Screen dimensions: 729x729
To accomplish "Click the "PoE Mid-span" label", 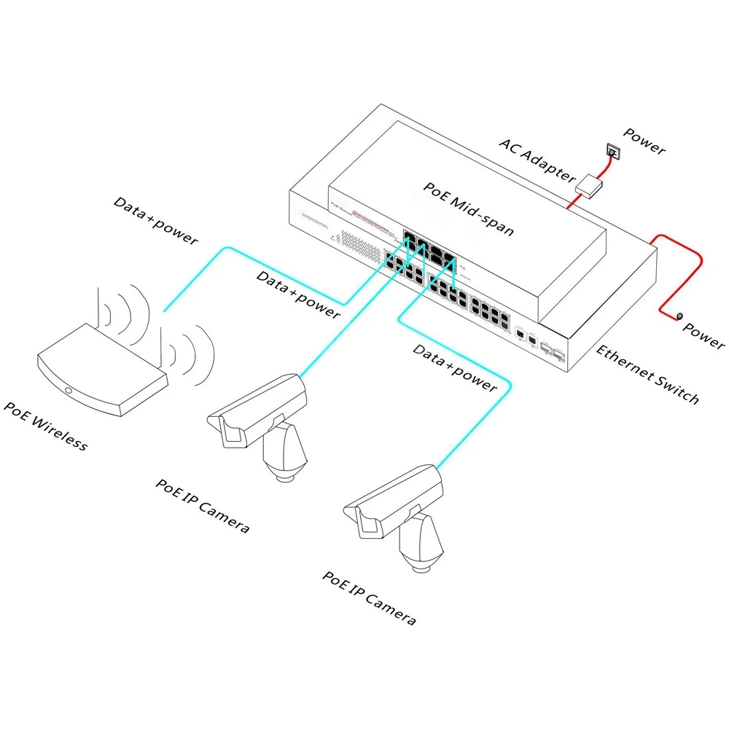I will click(469, 209).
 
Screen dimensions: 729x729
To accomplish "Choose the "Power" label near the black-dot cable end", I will click(703, 335).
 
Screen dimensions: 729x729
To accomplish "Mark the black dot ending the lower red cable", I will click(679, 316).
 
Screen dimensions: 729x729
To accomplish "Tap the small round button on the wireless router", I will click(69, 391).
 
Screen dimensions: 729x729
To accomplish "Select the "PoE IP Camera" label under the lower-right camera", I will click(370, 599).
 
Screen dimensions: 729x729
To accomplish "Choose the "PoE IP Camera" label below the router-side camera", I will click(203, 506).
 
